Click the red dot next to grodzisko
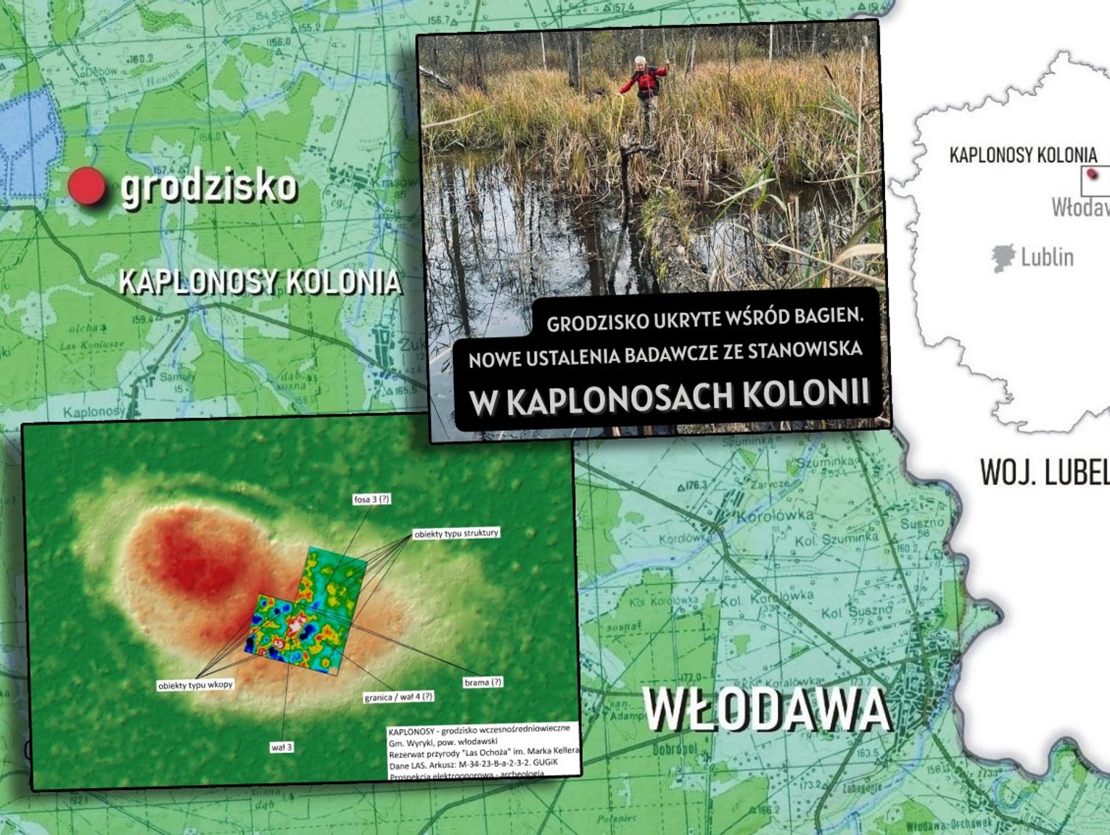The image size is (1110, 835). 86,186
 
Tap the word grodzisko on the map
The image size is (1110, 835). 209,186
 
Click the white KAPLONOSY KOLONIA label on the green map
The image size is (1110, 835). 260,282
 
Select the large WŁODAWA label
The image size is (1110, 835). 766,709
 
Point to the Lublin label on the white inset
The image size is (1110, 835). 1047,257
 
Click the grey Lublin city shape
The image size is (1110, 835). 1003,258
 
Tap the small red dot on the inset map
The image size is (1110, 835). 1094,174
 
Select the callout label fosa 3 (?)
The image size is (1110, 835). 372,499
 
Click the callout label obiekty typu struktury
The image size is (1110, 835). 456,533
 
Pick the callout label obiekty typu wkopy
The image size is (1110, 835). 195,684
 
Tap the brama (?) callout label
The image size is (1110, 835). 482,682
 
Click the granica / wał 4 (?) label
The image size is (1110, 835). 398,696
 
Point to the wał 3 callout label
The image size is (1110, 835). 281,746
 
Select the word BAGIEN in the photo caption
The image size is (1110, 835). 828,316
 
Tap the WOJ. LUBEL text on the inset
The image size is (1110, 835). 1045,472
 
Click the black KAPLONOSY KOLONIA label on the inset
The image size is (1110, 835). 1023,155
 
